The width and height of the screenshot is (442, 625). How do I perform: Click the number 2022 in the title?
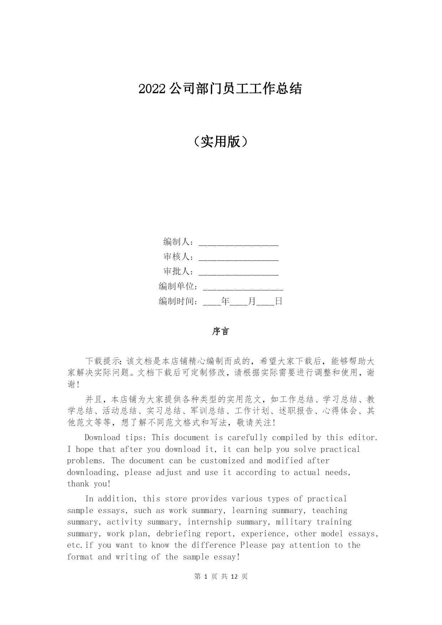pos(152,89)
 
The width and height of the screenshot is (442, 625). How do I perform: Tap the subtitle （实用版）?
pos(221,142)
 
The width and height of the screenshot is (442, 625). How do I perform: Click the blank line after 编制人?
pos(238,243)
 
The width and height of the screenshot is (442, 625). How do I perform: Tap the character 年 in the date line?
pos(225,301)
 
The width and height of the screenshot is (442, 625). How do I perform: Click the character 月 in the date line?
pos(252,301)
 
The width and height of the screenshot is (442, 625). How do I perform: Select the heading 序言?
pos(221,331)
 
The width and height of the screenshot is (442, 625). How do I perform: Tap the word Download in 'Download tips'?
pos(102,438)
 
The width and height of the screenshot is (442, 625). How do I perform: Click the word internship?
pos(209,522)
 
